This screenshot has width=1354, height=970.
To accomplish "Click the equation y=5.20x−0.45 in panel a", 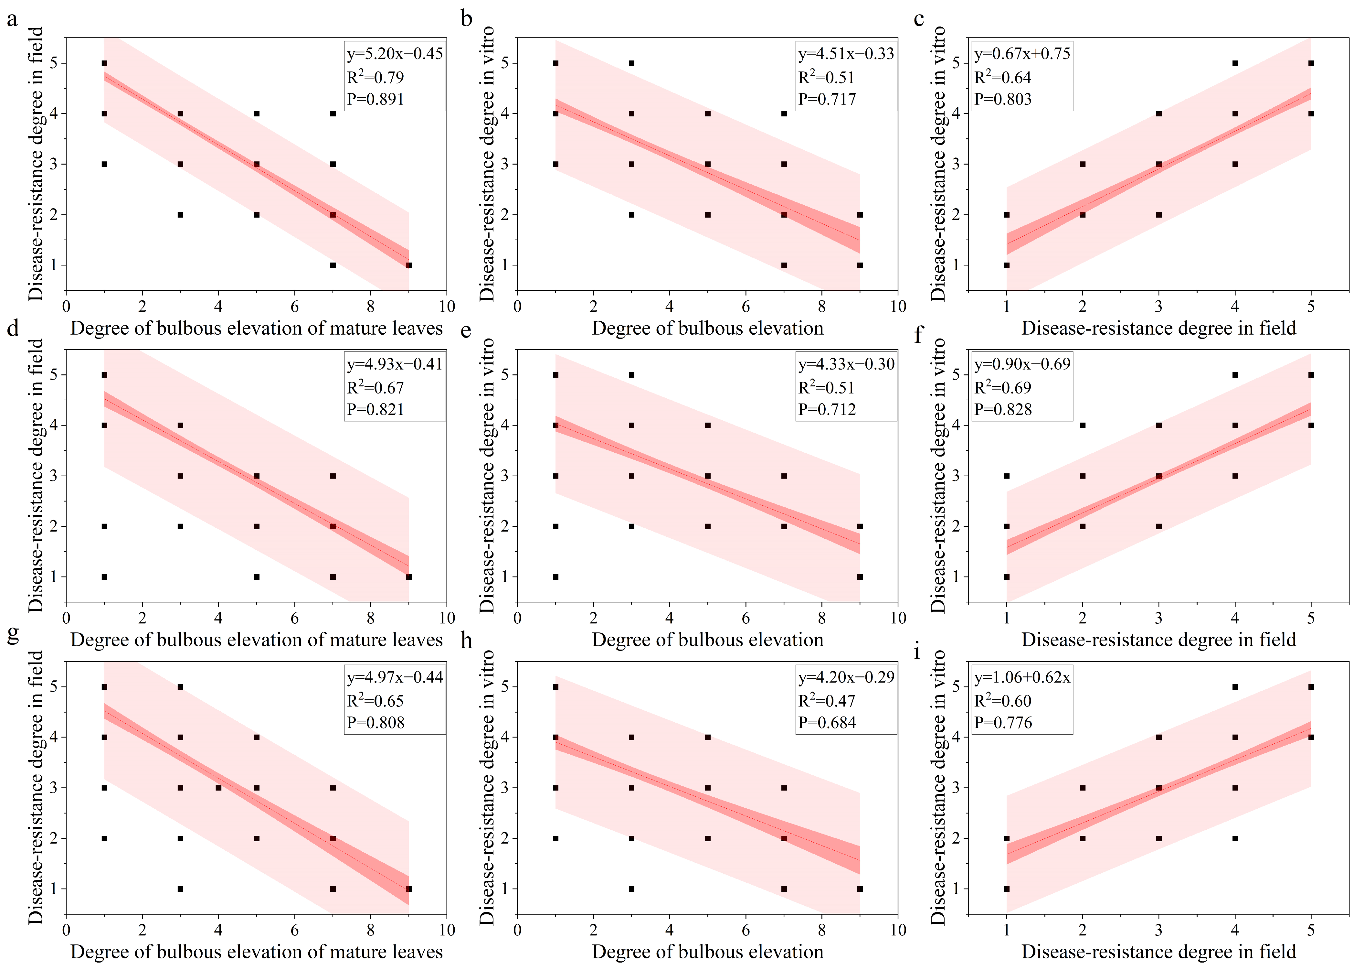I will (395, 54).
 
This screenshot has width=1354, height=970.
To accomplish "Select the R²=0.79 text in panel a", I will (376, 77).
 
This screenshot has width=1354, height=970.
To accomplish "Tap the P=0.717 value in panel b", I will (827, 99).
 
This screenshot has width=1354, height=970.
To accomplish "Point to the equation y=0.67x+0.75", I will (1022, 54).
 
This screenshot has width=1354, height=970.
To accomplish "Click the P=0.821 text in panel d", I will (376, 410).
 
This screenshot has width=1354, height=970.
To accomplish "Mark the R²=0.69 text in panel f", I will (1003, 388).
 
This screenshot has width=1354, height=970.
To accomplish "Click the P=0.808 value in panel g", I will (376, 723).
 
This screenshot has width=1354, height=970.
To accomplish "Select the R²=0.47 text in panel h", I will (827, 701).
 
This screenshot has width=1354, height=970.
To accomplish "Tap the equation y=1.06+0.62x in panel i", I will (1022, 677).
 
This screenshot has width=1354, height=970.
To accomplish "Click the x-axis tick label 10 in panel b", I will (898, 307).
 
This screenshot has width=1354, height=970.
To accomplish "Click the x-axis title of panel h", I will (707, 952).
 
